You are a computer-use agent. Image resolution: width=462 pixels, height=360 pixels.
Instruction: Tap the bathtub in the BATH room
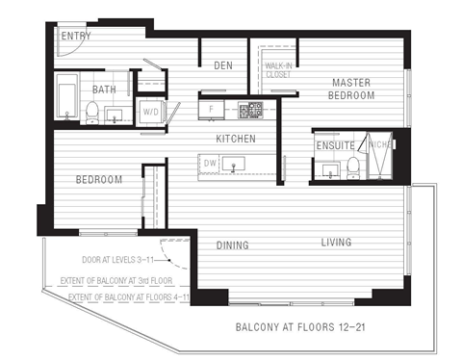[66, 99]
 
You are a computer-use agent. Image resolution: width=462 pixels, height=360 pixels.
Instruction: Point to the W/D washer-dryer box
[151, 112]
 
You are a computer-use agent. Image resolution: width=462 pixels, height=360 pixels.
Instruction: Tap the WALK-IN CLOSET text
[279, 69]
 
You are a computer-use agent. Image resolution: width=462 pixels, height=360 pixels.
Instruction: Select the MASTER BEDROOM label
[351, 90]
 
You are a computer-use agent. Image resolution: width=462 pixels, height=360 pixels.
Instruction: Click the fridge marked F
[211, 109]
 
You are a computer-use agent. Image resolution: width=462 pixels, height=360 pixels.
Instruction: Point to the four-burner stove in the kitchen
[255, 109]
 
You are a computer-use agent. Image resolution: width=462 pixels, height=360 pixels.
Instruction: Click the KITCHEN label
[236, 139]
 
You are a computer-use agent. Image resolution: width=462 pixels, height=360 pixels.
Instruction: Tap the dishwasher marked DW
[210, 165]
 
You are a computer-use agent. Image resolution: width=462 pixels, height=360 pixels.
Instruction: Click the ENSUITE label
[335, 145]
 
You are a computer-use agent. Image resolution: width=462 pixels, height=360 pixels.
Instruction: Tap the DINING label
[232, 245]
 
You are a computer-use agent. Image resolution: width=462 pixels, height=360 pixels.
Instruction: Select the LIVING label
[336, 242]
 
